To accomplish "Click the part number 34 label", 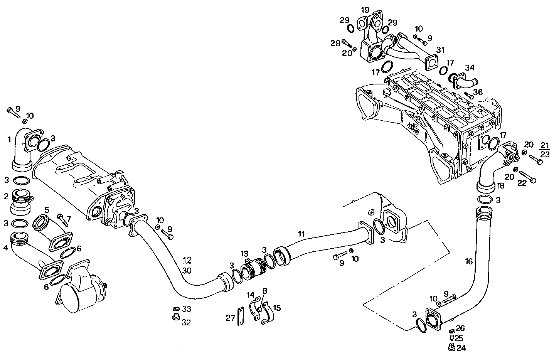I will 469,68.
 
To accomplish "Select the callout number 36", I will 478,92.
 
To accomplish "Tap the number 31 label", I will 441,50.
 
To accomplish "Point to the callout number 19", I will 365,10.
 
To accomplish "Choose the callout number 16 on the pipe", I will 468,262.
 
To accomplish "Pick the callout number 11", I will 301,234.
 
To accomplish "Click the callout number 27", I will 231,318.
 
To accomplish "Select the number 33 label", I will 186,309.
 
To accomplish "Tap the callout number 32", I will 186,322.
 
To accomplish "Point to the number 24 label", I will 461,348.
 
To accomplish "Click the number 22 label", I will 522,184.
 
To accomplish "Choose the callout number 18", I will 500,186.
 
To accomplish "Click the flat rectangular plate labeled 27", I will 240,317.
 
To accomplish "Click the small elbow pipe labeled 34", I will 465,82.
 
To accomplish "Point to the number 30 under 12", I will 187,270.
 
